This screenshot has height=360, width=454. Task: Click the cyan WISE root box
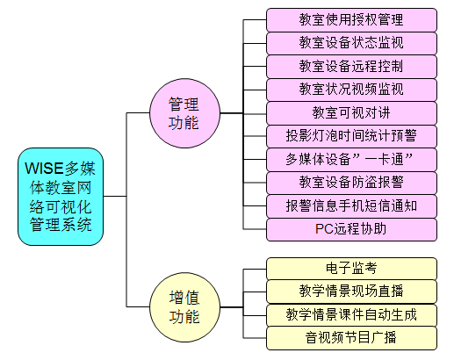point(61,197)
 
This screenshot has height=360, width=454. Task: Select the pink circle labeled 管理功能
point(184,113)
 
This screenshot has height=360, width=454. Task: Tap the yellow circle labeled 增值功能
point(184,307)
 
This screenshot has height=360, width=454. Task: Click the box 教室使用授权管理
point(351,20)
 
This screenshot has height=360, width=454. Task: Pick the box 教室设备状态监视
point(351,43)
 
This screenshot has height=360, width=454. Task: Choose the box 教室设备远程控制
point(351,67)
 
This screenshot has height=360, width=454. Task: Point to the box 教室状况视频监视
point(351,90)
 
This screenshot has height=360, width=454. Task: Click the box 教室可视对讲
point(351,113)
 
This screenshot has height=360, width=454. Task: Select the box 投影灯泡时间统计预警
point(351,136)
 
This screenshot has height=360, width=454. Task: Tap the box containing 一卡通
point(351,160)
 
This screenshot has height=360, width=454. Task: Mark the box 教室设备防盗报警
point(351,183)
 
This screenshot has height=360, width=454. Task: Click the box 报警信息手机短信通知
point(351,206)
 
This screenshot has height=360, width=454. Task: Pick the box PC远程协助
point(351,229)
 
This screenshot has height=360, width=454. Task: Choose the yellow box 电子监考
point(351,269)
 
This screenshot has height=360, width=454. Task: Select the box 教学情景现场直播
point(351,292)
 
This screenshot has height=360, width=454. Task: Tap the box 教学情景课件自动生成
point(351,315)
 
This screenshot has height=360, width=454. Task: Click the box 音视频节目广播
point(351,338)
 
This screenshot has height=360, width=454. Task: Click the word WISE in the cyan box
point(44,169)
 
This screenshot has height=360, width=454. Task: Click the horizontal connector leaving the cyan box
point(115,196)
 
